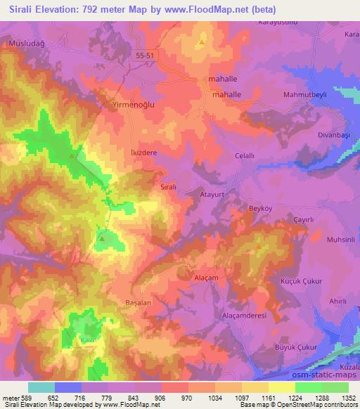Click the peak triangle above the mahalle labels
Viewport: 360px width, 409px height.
tap(202, 43)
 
